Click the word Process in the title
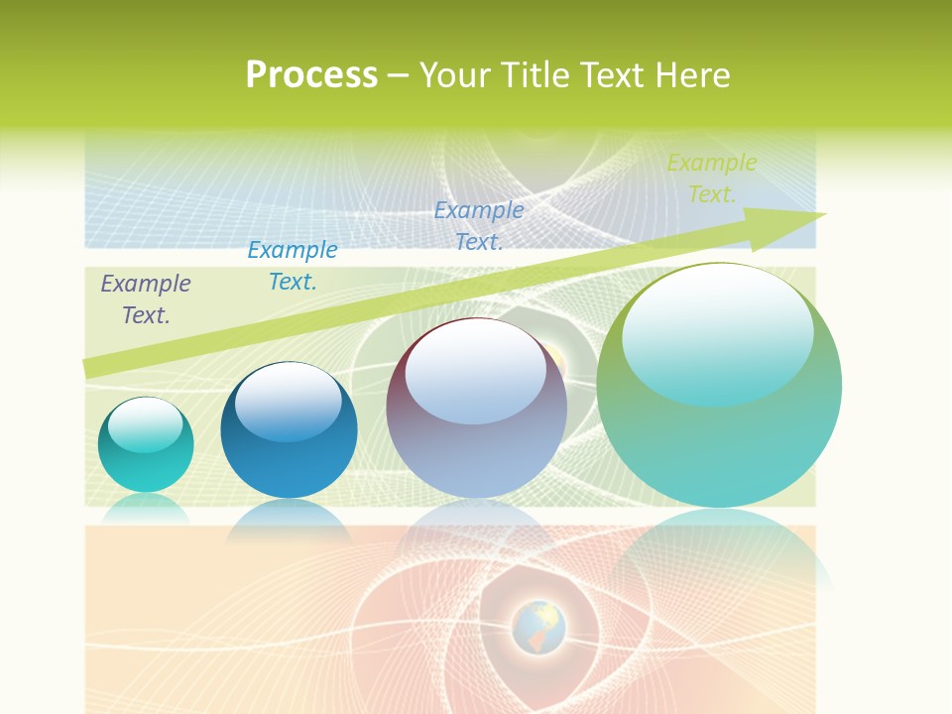point(311,75)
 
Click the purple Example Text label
point(146,298)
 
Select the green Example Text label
point(711,178)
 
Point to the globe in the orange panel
point(538,627)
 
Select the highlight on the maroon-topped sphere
point(475,369)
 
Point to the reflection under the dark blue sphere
point(289,520)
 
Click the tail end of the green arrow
point(94,367)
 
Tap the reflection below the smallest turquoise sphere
point(146,507)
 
